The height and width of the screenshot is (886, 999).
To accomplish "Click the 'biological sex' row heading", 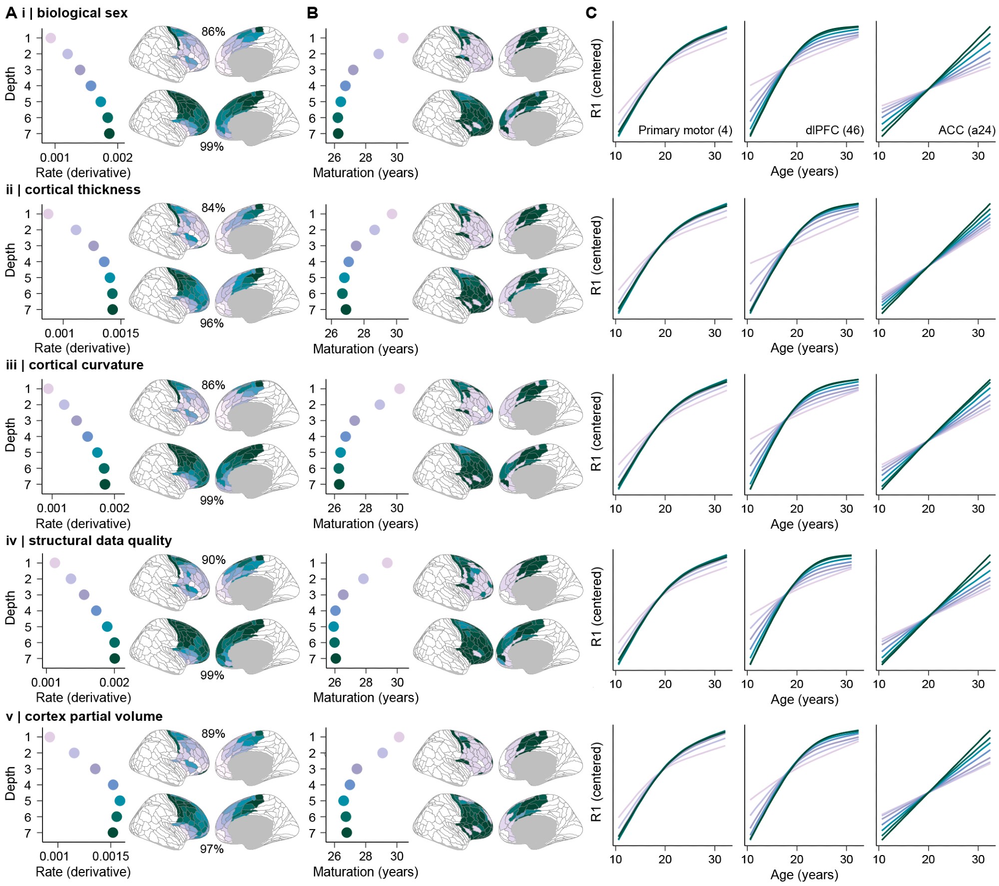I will pos(82,13).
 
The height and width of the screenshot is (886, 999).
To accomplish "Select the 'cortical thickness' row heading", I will pos(82,190).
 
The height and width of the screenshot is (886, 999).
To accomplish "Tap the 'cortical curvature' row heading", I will pos(86,365).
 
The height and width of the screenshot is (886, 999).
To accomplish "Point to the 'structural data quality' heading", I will pos(100,541).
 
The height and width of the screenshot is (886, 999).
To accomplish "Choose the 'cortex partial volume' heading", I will pos(93,716).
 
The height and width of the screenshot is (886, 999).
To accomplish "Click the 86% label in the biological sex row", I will pos(213,31).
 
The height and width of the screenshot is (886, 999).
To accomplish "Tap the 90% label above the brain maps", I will pos(213,560).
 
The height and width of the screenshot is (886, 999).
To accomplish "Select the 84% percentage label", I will pos(213,208).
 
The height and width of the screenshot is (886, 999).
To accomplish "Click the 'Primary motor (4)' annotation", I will pos(685,130).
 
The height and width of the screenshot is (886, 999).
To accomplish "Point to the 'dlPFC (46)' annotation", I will pos(834,130).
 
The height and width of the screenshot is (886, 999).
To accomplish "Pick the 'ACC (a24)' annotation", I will pos(967,130).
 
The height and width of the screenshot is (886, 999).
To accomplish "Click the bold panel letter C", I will pos(591,13).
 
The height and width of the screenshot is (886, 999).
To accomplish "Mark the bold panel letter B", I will pos(312,13).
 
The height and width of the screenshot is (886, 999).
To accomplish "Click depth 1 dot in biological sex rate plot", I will pos(50,38).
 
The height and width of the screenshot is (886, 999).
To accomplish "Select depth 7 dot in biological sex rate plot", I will pos(109,133).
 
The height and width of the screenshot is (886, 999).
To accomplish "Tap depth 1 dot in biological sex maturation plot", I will pos(403,38).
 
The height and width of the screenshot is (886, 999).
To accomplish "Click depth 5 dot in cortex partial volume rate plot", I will pos(120,801).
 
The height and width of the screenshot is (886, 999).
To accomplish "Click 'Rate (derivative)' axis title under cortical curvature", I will pos(83,524).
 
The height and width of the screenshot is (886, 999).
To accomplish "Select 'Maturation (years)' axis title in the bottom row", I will pos(366,872).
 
